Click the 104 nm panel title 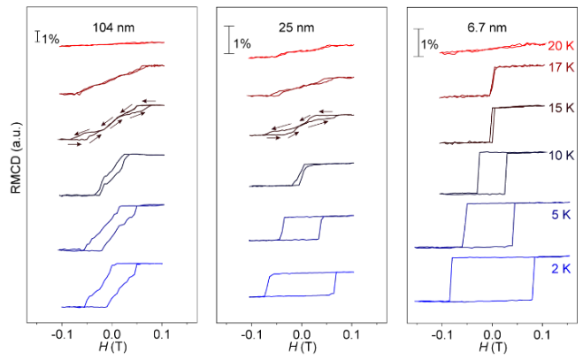(111, 27)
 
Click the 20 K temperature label (562, 46)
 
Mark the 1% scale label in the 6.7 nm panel (429, 43)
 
